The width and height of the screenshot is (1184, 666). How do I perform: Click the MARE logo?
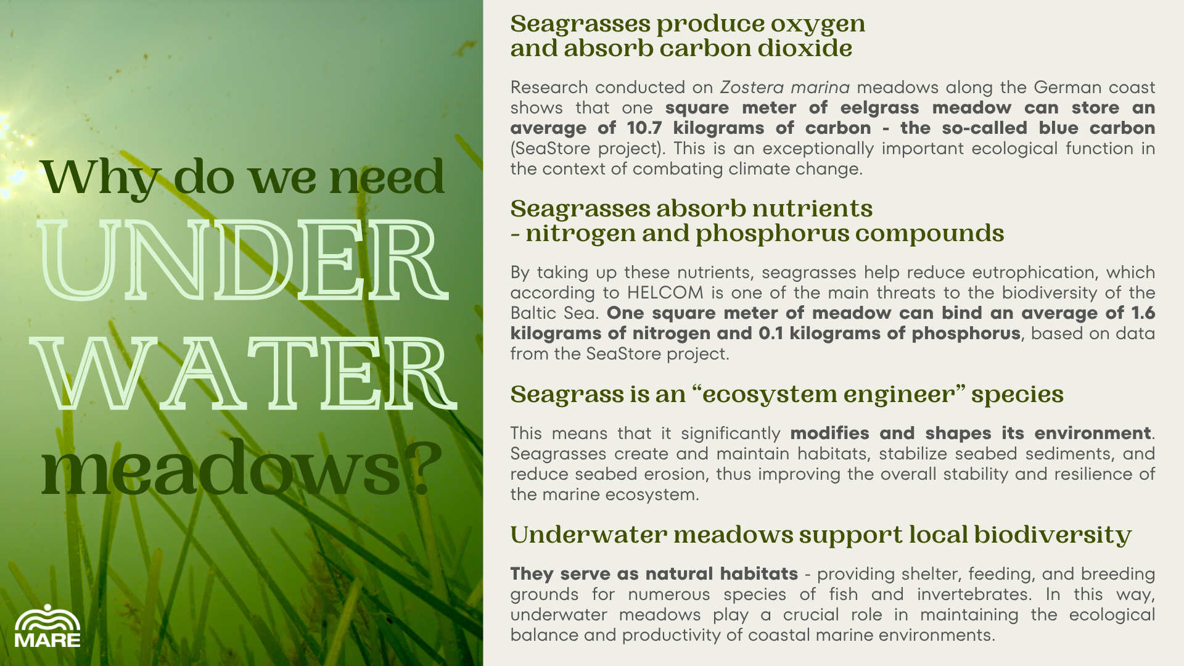[47, 626]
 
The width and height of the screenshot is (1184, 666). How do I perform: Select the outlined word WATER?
[244, 374]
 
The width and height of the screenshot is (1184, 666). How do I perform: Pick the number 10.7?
[643, 128]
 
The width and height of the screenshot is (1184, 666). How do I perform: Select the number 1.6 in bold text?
[1143, 313]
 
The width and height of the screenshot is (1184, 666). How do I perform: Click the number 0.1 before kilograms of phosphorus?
[771, 333]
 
